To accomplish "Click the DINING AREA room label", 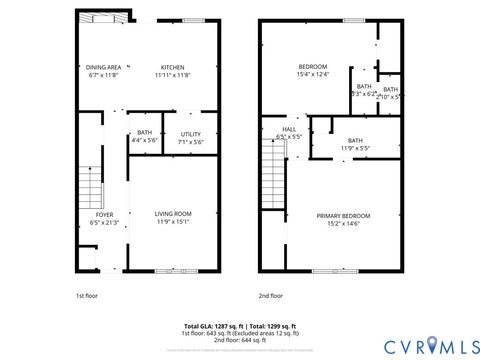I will point(103,66).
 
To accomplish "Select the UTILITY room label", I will point(190,133).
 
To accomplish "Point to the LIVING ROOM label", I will point(173,213).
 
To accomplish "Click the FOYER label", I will point(104,214).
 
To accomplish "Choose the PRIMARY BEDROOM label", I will point(343,215).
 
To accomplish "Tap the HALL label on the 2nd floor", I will point(289,129).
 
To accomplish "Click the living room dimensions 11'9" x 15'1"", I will point(173,221).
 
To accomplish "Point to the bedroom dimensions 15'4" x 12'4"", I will point(312,74).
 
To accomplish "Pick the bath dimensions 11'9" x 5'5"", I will point(355,148).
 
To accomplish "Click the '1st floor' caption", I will point(87,295).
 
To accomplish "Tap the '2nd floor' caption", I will point(271,295).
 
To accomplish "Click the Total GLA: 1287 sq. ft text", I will point(212,325).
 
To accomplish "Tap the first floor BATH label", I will point(145,133).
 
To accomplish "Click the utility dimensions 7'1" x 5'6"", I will point(191,141).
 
